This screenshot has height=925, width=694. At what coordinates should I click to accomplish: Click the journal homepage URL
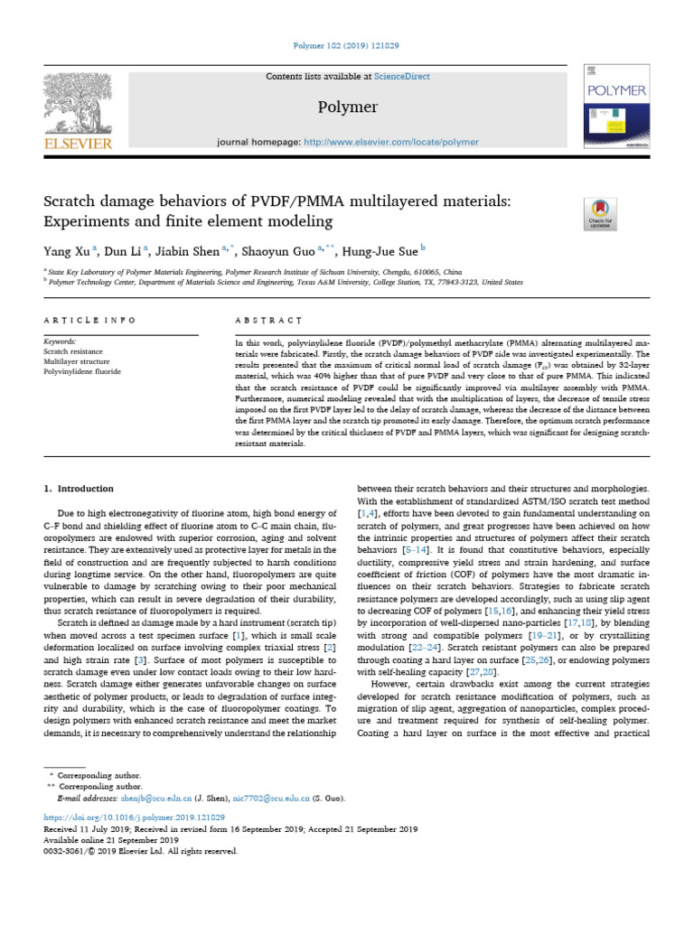(x=391, y=142)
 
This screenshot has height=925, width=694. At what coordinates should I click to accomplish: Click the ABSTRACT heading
(x=268, y=321)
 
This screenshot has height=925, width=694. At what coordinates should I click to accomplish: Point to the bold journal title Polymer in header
(x=347, y=108)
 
